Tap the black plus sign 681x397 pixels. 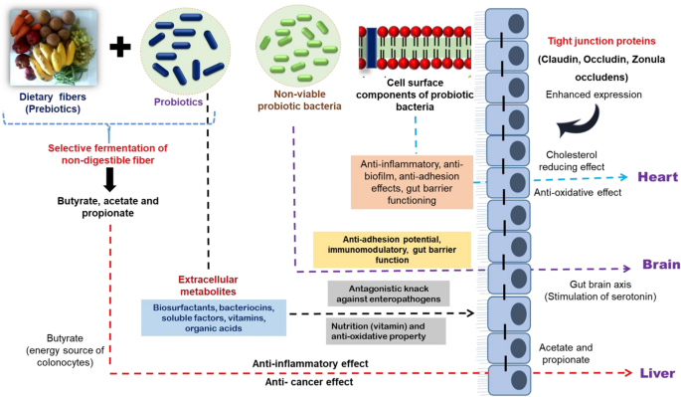(x=119, y=45)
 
